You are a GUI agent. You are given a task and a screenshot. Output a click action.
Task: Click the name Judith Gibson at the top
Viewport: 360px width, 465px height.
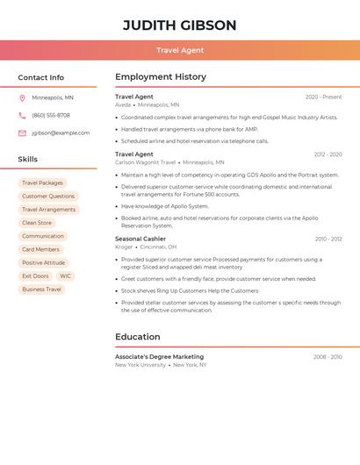tap(179, 25)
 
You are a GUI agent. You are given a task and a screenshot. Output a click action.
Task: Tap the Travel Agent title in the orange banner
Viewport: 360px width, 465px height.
tap(179, 51)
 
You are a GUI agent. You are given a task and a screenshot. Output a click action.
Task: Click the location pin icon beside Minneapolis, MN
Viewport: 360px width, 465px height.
tap(22, 97)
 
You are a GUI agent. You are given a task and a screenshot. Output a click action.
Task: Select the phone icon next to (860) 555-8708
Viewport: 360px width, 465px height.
tap(22, 115)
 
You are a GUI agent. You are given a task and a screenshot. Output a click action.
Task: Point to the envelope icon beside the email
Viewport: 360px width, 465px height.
tap(22, 133)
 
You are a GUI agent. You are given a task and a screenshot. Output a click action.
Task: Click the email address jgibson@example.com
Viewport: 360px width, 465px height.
tap(61, 133)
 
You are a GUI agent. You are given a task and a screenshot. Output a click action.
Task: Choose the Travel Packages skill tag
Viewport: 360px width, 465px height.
tap(42, 182)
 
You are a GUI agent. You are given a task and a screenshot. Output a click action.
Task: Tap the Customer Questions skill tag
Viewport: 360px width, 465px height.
tap(48, 197)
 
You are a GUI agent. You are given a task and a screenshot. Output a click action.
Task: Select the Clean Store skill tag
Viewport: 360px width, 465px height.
tap(37, 223)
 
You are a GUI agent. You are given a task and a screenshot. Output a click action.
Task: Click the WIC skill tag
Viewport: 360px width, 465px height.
tap(66, 276)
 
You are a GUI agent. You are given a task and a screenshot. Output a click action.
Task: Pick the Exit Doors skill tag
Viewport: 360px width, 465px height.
tap(35, 276)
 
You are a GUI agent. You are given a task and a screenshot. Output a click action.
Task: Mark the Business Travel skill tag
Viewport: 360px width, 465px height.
tap(42, 290)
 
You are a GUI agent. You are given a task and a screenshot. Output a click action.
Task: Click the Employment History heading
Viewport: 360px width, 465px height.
tap(161, 77)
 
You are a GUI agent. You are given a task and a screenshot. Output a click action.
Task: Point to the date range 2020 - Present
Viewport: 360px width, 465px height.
tap(323, 97)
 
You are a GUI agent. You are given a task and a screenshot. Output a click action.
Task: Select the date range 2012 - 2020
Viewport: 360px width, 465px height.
tap(328, 154)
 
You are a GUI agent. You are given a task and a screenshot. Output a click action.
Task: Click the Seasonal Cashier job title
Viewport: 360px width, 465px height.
tap(140, 239)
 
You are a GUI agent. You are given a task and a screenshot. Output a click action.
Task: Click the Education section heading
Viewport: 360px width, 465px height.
tap(138, 337)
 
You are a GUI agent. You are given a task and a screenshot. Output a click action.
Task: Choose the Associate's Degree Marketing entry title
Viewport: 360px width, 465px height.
tap(159, 357)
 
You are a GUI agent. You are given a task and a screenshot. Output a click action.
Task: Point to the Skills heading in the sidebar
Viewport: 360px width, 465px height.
tap(28, 160)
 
